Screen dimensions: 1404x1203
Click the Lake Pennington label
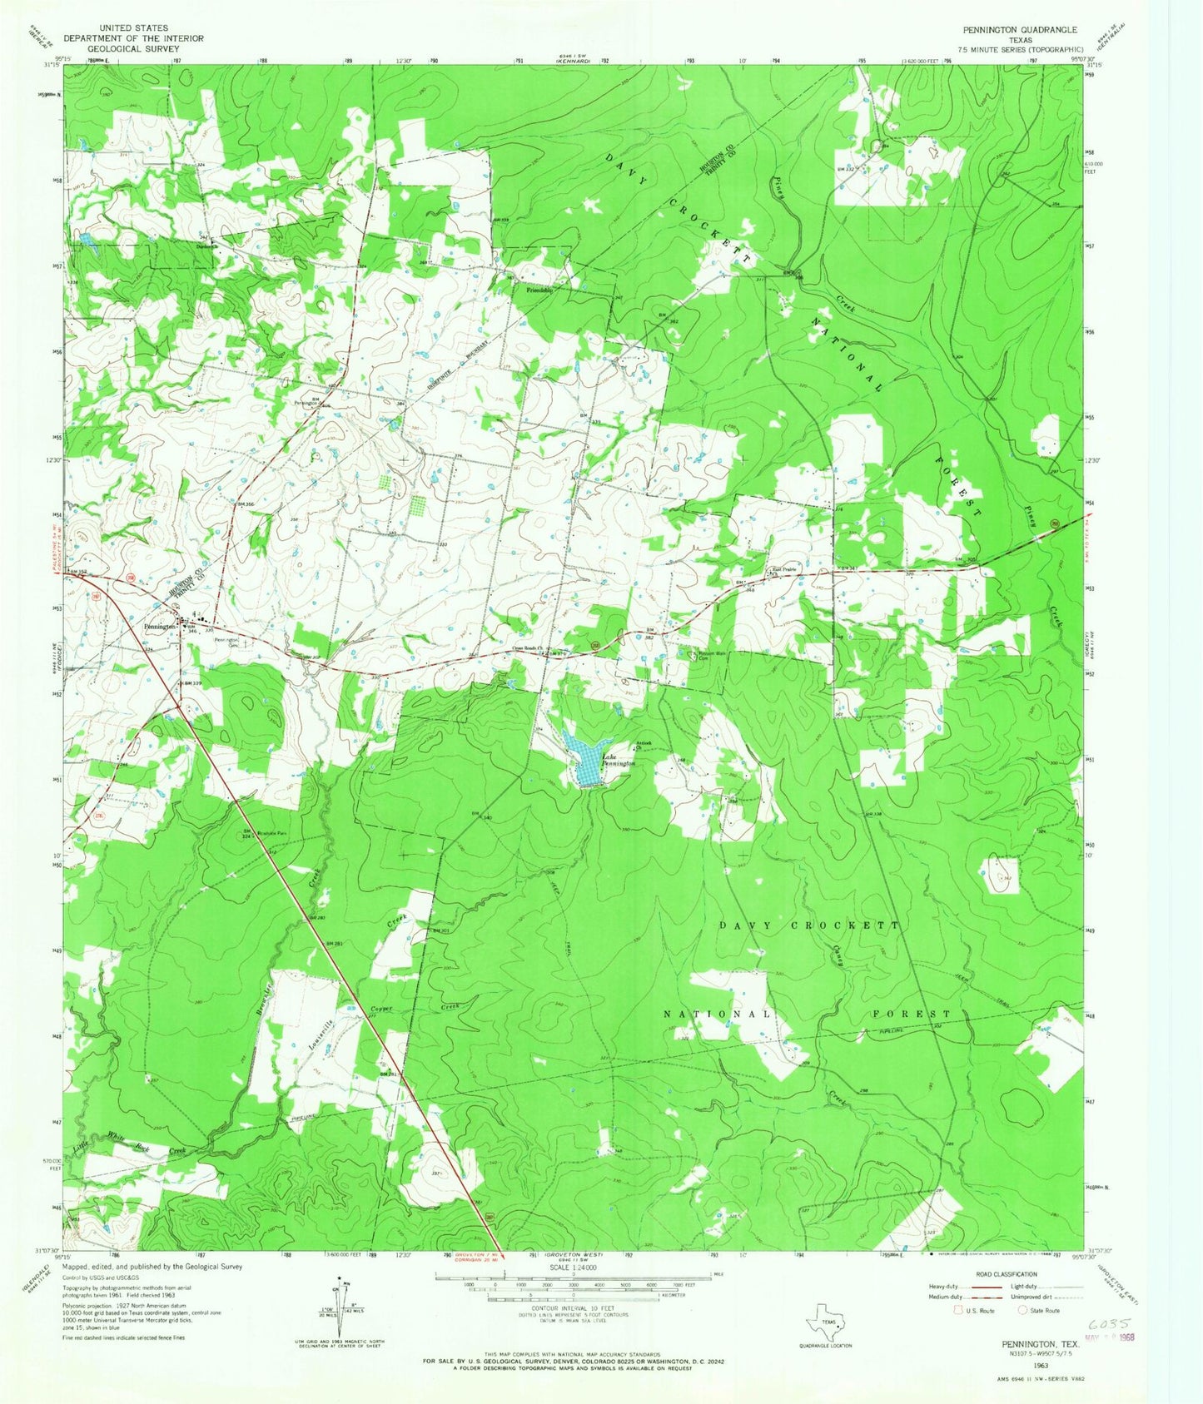click(x=619, y=759)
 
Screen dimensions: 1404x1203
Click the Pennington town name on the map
click(x=160, y=627)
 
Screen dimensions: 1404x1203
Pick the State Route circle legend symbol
click(x=1022, y=1310)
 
